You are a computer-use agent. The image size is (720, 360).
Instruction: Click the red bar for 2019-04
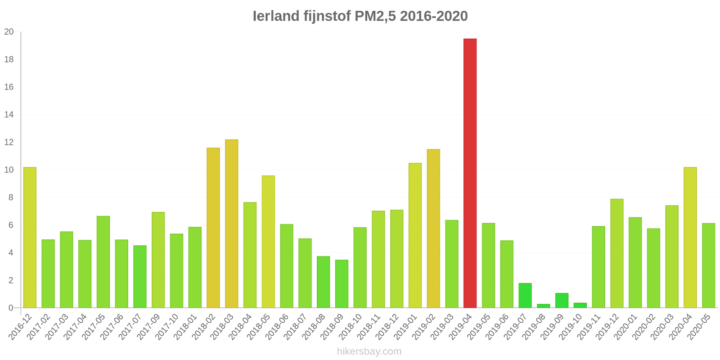(470, 173)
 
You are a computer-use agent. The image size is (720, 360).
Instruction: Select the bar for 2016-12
(30, 238)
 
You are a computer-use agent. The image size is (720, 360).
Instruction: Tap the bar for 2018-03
(231, 224)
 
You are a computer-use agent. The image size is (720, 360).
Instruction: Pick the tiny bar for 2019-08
(543, 306)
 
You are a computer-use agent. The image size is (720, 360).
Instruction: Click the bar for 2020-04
(690, 238)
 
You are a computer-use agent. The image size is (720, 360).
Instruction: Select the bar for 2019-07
(525, 296)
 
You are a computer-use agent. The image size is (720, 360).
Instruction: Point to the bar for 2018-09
(342, 284)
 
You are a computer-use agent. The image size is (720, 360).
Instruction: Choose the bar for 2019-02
(433, 229)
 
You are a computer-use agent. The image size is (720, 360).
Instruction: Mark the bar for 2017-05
(103, 262)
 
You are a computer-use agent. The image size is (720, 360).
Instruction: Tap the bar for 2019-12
(616, 253)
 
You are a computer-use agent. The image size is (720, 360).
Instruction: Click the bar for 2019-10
(580, 306)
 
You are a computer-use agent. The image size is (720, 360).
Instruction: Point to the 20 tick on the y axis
(9, 32)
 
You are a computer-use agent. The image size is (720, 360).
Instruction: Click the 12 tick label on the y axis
(9, 142)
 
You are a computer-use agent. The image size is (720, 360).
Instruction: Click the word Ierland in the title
(275, 16)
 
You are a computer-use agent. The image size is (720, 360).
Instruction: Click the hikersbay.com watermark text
(369, 351)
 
